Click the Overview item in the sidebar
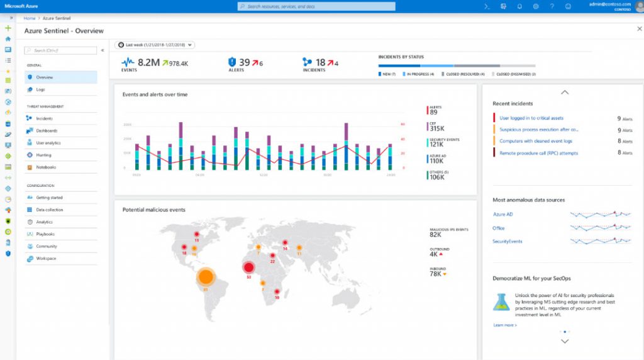coord(45,77)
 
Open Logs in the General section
coord(40,89)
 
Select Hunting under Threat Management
coord(43,155)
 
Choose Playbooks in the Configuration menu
coord(46,234)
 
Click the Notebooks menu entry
coord(45,167)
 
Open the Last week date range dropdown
coord(155,45)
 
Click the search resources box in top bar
coord(317,6)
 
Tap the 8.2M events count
coord(148,62)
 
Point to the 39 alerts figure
coord(244,62)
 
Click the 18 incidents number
coord(320,62)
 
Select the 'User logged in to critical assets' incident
coord(531,118)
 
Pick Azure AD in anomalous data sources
coord(502,215)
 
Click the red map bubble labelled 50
coord(248,268)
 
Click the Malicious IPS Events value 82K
coord(435,235)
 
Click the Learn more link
coord(504,325)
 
